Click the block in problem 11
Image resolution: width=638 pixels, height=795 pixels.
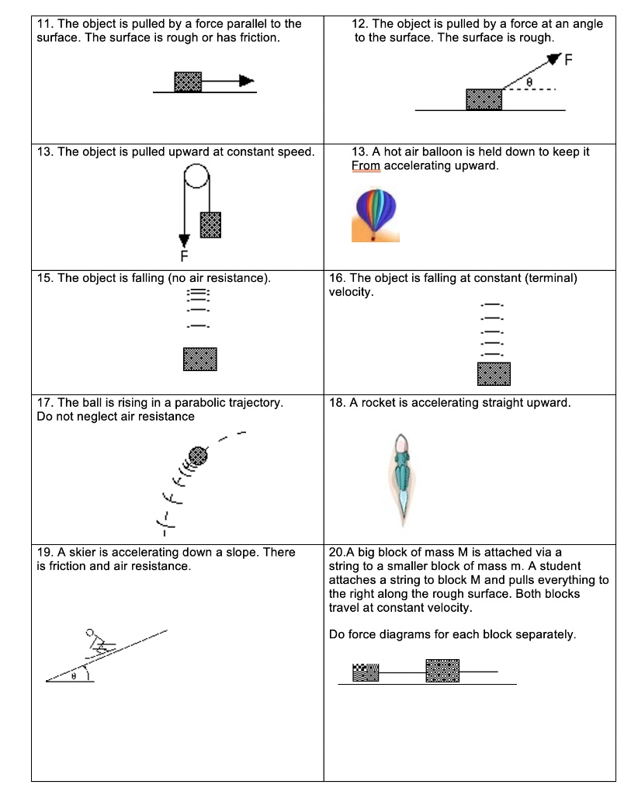[188, 82]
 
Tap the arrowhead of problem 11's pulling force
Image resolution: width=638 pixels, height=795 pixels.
[246, 80]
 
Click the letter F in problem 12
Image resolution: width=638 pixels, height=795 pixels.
[568, 62]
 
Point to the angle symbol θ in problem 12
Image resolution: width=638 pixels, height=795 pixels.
[530, 80]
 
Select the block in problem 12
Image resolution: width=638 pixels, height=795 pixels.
[484, 99]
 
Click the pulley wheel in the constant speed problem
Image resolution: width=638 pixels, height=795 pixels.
[196, 179]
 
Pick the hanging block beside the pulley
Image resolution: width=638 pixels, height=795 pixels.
[210, 224]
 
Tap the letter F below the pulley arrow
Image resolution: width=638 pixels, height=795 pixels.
[184, 255]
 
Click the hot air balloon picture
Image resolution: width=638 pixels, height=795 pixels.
[376, 214]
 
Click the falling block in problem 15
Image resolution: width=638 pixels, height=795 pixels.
[199, 359]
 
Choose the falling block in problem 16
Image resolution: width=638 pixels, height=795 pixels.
[494, 373]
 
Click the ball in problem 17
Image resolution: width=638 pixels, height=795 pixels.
[198, 454]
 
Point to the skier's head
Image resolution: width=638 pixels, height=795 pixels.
[90, 633]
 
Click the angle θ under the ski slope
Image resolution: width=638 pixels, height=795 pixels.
[74, 676]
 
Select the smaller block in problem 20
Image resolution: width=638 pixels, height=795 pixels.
[366, 672]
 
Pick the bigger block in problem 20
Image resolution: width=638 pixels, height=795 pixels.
[442, 671]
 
